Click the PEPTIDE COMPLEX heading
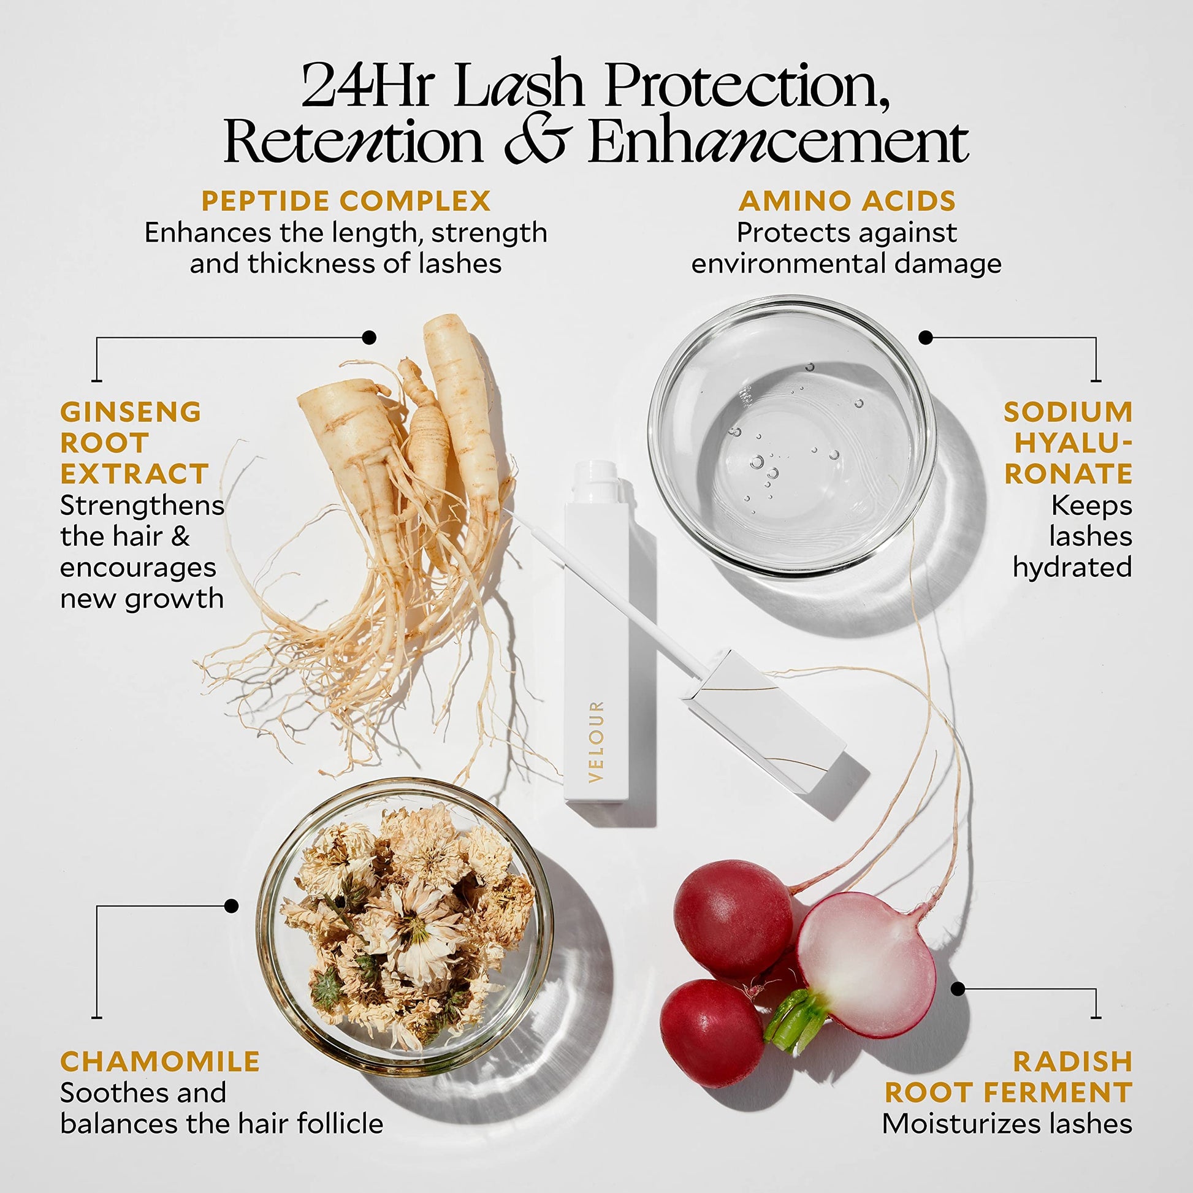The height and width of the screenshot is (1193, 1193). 346,201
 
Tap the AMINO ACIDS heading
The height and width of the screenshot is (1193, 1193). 847,201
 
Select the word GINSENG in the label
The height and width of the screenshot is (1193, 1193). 131,412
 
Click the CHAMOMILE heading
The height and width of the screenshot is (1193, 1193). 160,1061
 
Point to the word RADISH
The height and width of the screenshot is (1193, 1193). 1073,1061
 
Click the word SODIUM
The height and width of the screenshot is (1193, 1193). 1068,412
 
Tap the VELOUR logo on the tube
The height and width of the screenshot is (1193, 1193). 596,742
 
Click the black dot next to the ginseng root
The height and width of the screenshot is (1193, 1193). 369,337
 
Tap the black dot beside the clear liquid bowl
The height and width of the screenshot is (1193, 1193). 925,337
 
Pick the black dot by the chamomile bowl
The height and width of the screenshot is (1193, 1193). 232,906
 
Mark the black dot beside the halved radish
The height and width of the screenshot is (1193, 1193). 958,989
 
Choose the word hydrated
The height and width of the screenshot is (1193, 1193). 1072,568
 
